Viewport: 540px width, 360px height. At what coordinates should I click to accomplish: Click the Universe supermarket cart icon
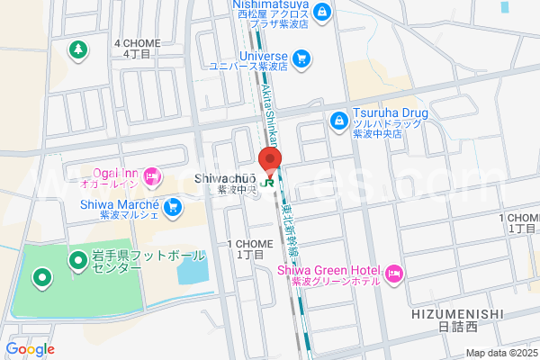pyautogui.click(x=301, y=59)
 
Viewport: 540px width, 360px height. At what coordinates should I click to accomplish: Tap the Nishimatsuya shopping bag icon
pyautogui.click(x=322, y=13)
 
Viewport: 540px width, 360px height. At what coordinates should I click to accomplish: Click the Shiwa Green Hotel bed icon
pyautogui.click(x=393, y=273)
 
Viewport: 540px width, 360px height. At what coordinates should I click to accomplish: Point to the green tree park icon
pyautogui.click(x=79, y=48)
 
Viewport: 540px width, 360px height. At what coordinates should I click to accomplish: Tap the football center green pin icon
pyautogui.click(x=77, y=261)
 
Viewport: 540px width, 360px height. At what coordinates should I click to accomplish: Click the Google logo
pyautogui.click(x=30, y=349)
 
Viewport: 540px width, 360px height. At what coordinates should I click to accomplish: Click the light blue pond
pyautogui.click(x=191, y=268)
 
